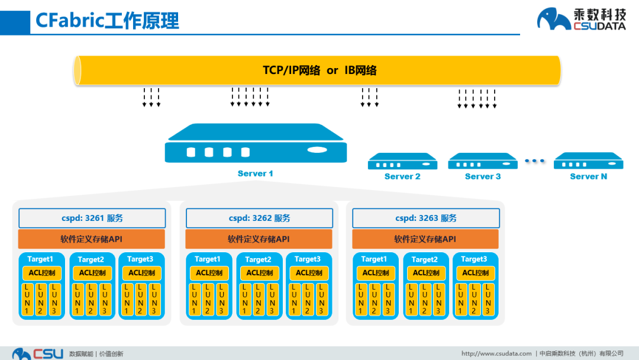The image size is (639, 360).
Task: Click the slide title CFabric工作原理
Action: tap(107, 21)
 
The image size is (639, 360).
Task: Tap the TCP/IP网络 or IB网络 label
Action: tap(319, 70)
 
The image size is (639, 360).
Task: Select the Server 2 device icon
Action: tap(402, 161)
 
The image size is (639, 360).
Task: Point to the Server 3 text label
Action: tap(483, 176)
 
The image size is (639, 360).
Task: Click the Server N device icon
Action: tap(588, 161)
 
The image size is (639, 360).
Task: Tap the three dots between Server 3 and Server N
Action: tap(534, 161)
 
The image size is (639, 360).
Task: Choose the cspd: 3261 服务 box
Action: tap(92, 218)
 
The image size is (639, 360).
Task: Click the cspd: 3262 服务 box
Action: tap(259, 218)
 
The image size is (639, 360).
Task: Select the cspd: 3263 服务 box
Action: tap(425, 218)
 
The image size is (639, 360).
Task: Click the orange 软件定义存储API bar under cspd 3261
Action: tap(92, 239)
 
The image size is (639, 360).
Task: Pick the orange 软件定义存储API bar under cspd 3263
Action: tap(425, 239)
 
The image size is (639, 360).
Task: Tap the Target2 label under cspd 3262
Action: tap(258, 259)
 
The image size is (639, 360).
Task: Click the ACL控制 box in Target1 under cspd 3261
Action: tap(42, 273)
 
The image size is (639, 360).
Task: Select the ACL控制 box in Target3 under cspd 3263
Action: tap(476, 273)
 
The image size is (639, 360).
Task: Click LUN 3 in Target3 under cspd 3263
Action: tap(488, 299)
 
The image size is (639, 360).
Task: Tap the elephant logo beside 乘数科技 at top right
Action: tap(554, 19)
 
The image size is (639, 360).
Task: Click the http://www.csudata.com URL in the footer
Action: tap(496, 353)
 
